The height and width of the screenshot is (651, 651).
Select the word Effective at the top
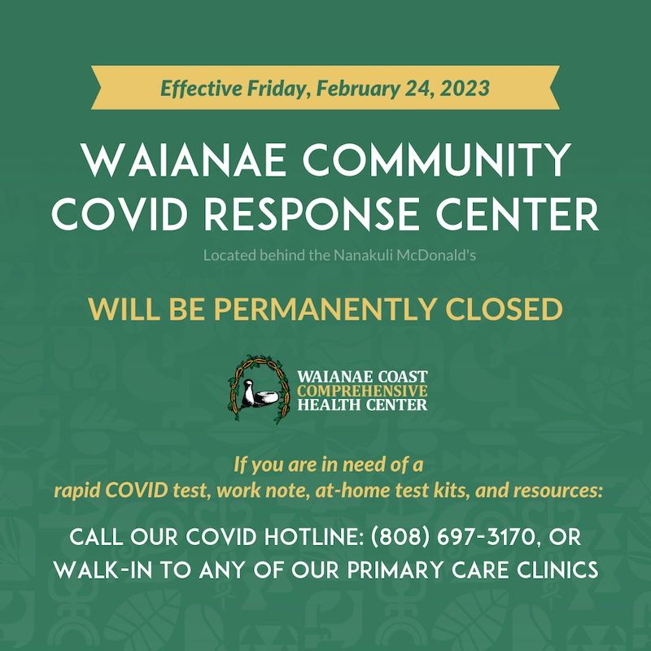[x=195, y=87]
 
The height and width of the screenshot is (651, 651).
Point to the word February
[x=354, y=87]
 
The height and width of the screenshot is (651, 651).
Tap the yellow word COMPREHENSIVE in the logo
[x=362, y=391]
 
